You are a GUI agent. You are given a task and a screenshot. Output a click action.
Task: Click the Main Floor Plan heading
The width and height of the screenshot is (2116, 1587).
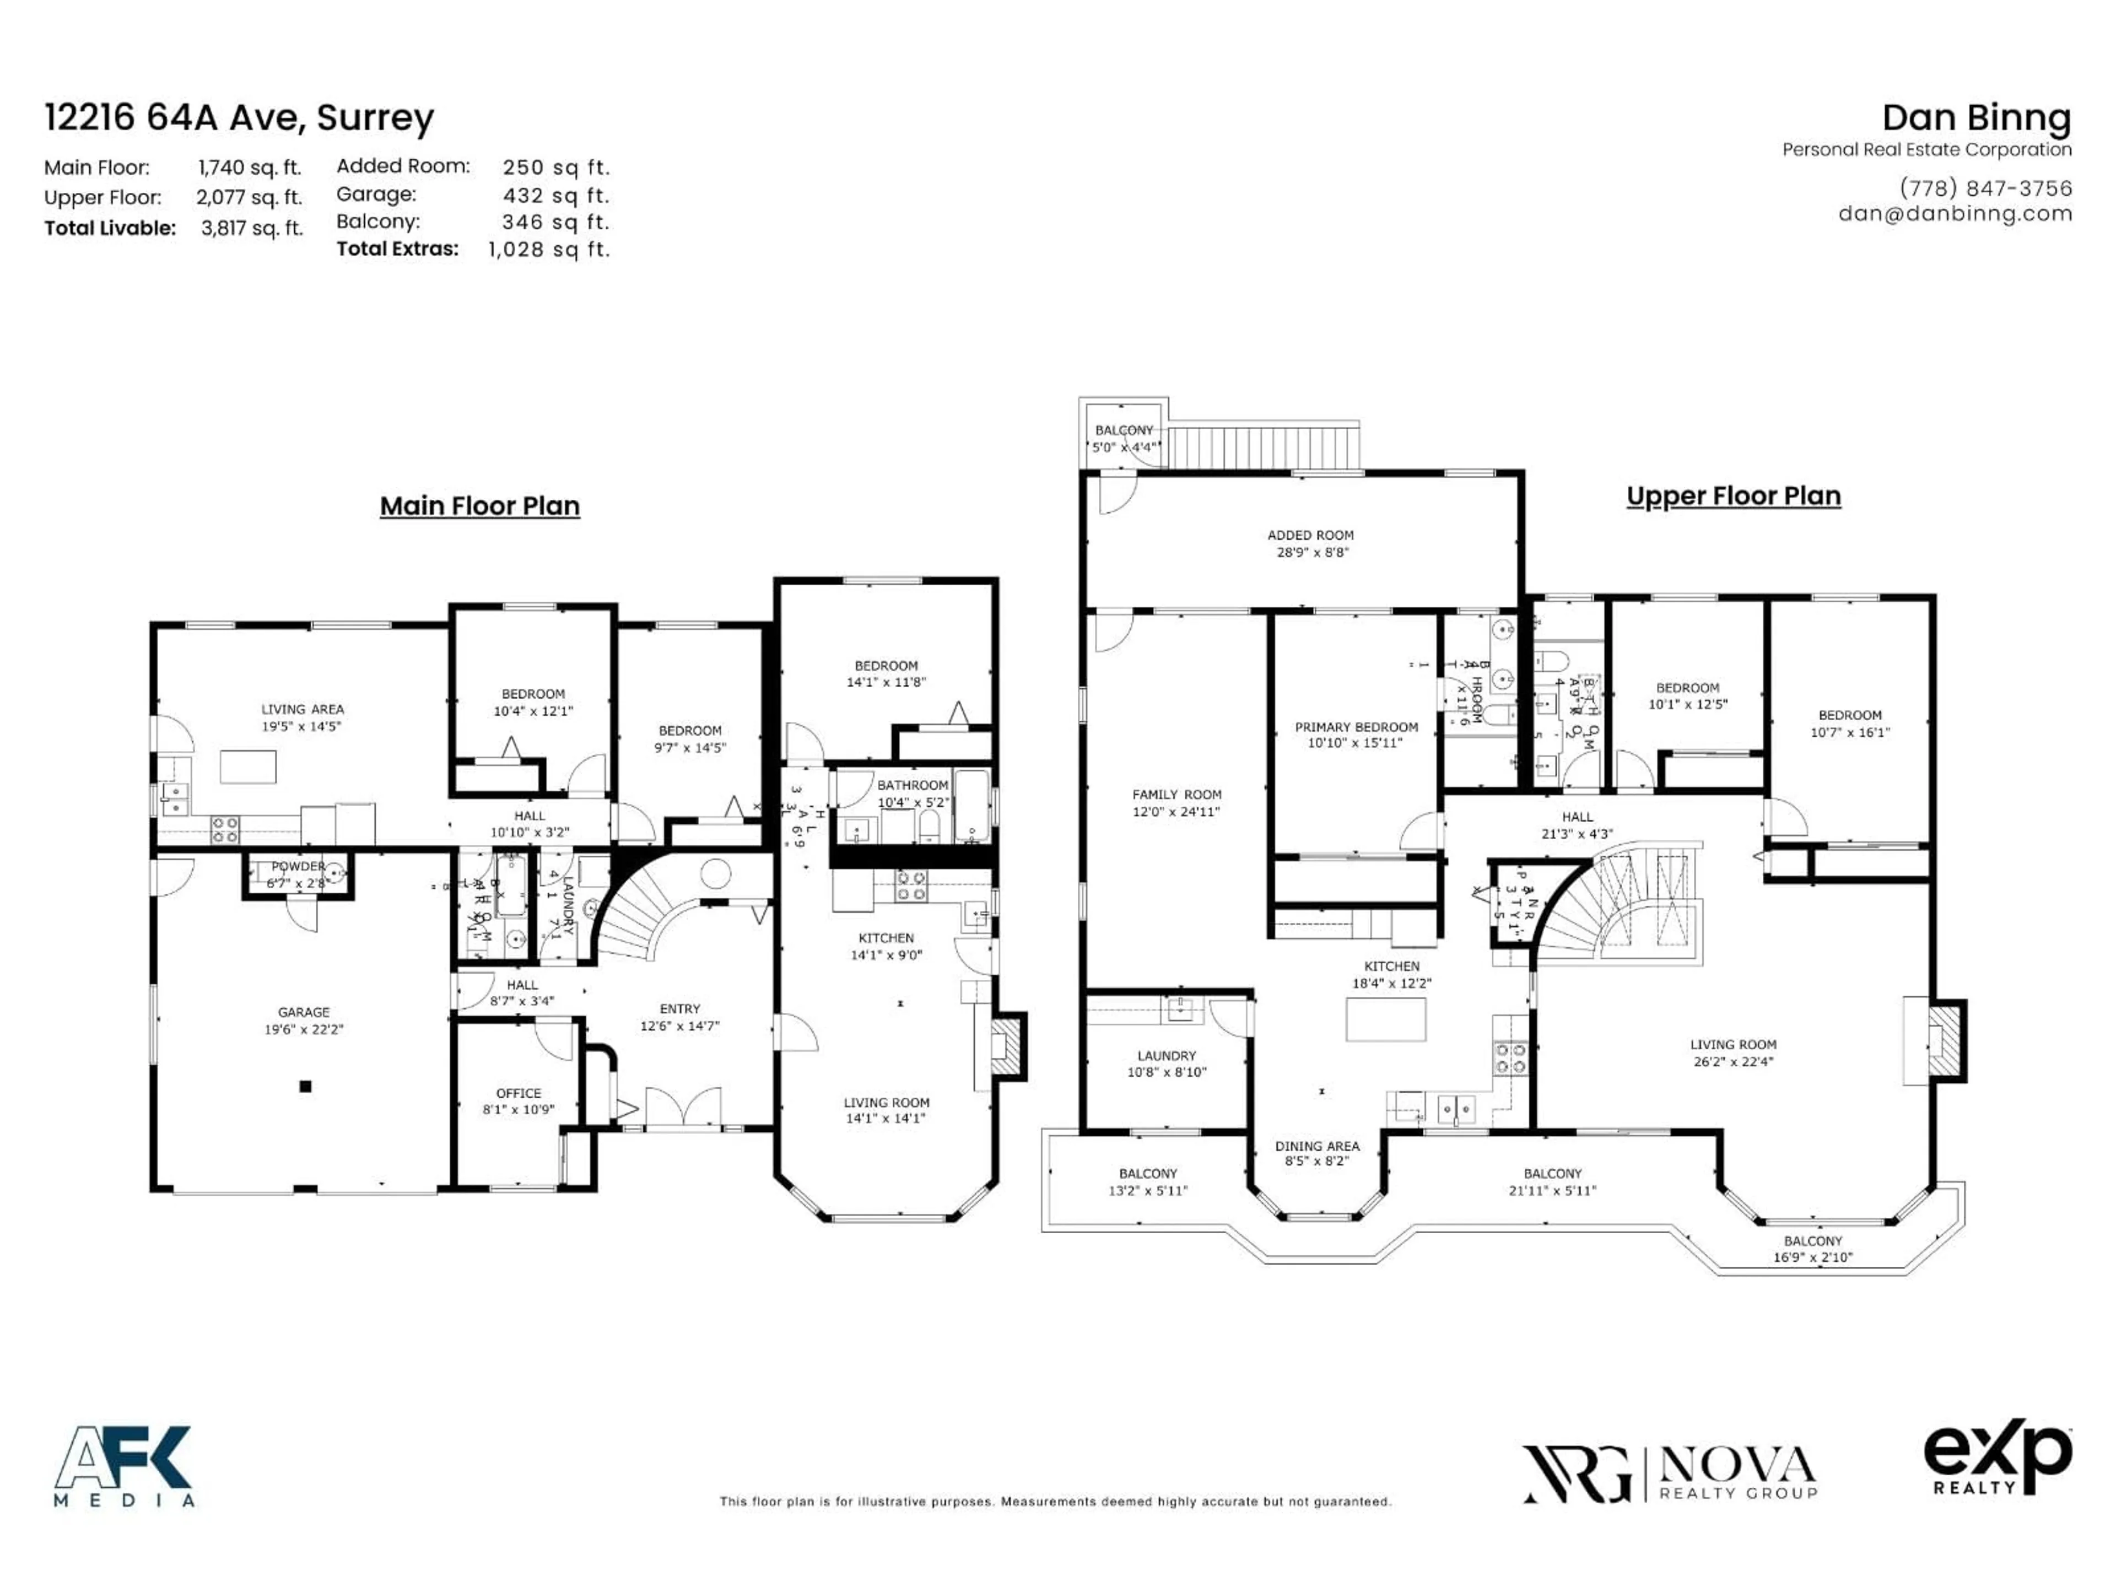[479, 506]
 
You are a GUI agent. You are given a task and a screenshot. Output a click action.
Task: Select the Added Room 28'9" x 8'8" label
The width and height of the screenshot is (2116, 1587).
[1310, 543]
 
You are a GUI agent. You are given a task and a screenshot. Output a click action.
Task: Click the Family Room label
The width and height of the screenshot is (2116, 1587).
[1176, 802]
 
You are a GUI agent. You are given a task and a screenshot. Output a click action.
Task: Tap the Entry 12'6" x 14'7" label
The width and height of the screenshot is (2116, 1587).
[679, 1017]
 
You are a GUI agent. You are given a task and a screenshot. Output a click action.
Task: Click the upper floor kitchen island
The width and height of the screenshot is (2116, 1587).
[1385, 1019]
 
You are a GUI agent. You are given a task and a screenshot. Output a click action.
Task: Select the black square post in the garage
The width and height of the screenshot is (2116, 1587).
[305, 1086]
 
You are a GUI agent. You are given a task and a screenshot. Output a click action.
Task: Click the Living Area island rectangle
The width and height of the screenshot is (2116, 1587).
[248, 766]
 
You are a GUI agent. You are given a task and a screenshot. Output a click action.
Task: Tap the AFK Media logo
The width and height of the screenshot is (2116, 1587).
[125, 1466]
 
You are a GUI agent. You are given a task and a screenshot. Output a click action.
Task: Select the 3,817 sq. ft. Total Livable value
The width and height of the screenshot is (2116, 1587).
[252, 229]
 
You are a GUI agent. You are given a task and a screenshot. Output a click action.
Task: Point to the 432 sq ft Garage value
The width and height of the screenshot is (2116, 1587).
[555, 195]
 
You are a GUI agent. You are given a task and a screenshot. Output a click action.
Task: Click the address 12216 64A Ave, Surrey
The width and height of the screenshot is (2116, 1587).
[239, 118]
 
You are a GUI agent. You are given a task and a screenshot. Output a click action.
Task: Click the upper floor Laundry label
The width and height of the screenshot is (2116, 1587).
[1166, 1064]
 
